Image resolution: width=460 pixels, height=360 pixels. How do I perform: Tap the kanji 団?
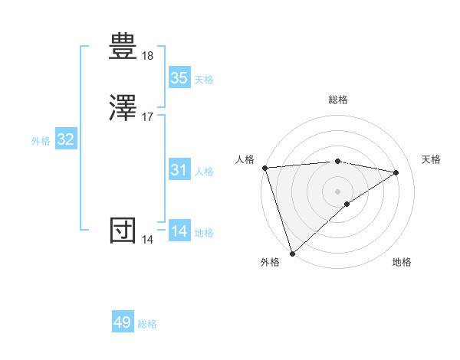point(123,231)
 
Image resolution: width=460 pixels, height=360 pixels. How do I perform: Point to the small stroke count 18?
point(148,56)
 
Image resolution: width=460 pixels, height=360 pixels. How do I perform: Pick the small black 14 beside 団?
point(148,240)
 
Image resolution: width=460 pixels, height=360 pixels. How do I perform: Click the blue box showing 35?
point(179,78)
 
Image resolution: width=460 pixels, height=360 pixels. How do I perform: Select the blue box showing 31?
point(179,170)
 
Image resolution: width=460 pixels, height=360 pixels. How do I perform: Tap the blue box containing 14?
point(179,231)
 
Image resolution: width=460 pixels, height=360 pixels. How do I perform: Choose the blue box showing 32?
point(66,139)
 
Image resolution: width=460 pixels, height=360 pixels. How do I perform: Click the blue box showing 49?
point(123,322)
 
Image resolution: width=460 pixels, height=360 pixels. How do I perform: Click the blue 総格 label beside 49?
point(147,324)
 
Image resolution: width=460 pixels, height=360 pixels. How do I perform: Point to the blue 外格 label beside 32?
point(41,141)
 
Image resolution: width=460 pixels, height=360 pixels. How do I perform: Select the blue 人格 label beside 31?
point(204,172)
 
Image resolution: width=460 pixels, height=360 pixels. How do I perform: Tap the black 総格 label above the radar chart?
point(338,100)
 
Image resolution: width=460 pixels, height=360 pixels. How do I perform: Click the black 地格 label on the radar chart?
point(402,262)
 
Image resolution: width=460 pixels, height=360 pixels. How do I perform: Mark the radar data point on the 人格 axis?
point(264,168)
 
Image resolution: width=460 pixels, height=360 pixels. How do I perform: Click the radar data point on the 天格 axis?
point(396,172)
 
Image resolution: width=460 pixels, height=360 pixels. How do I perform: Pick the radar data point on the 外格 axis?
point(292,253)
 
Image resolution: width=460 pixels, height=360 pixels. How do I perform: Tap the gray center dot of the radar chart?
point(338,190)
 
